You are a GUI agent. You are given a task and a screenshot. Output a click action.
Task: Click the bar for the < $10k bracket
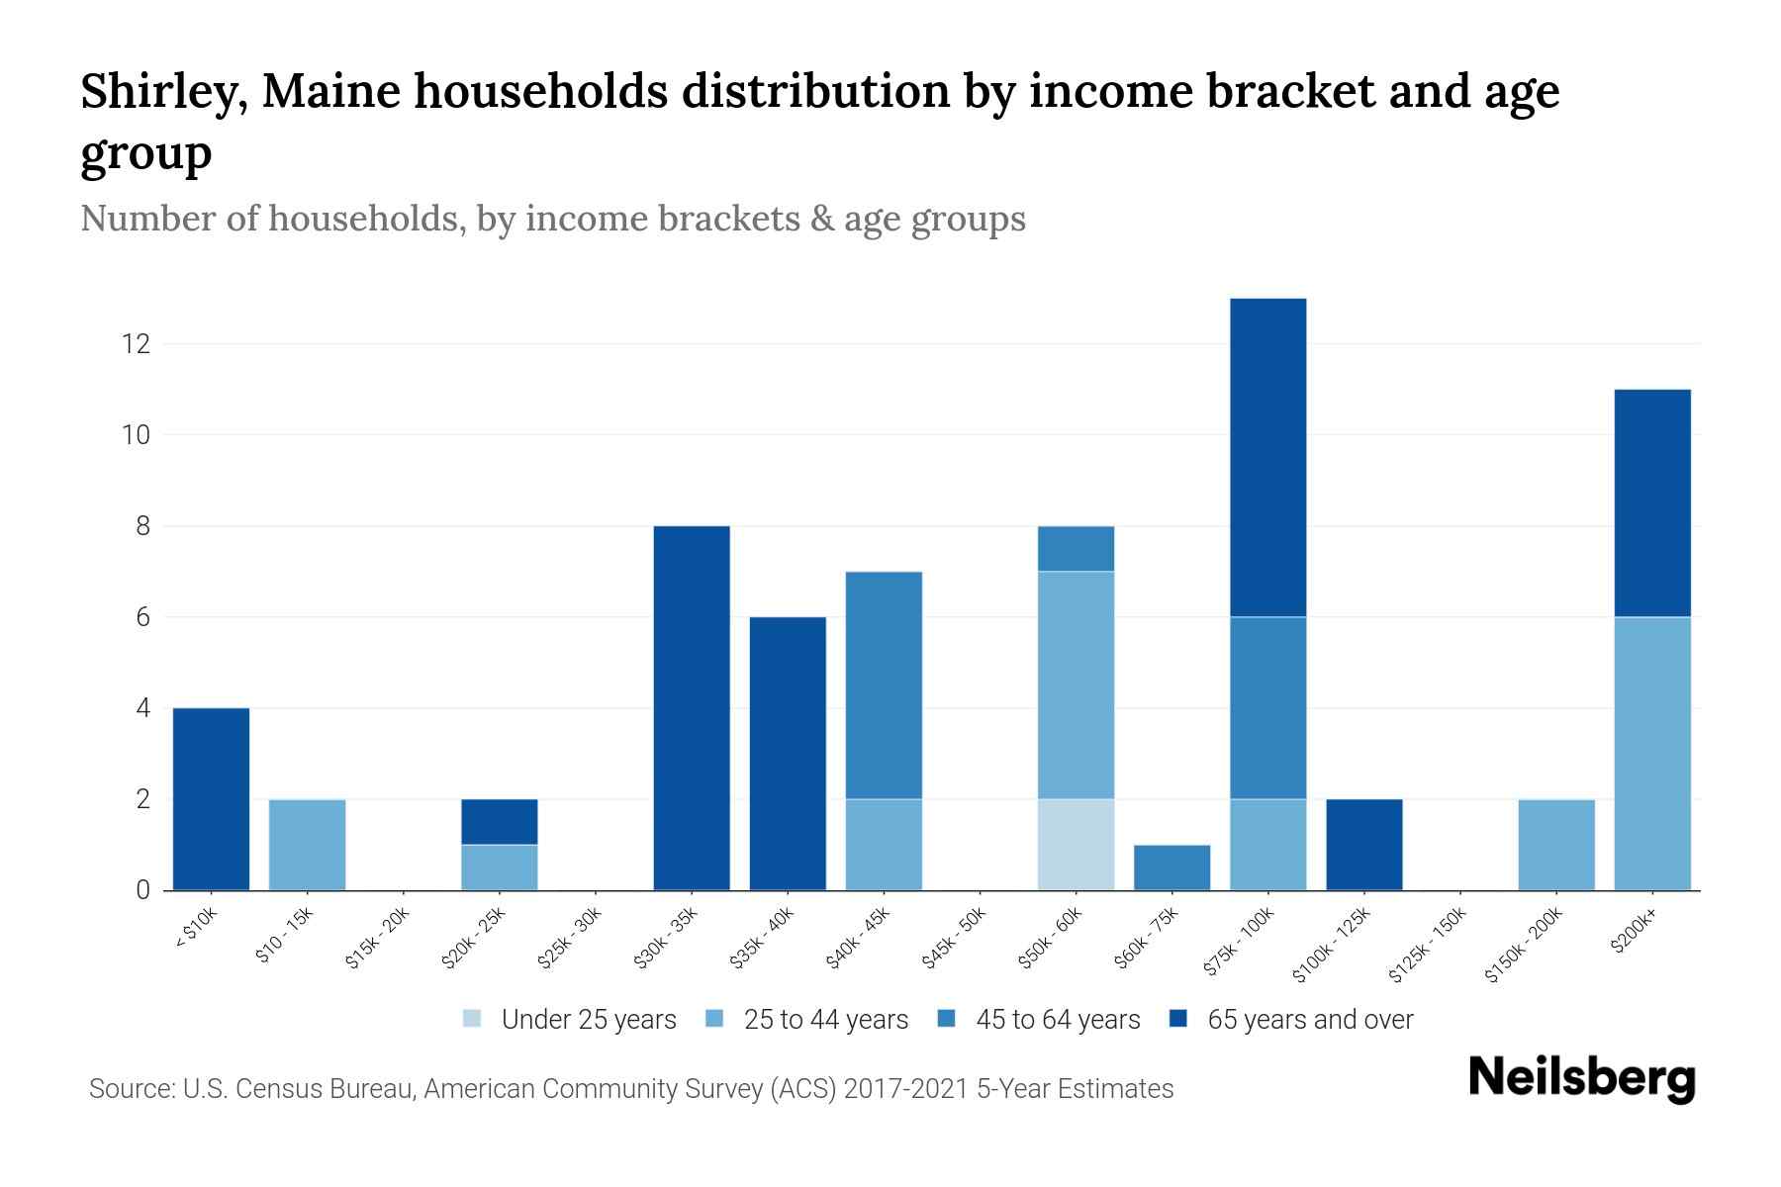click(x=211, y=798)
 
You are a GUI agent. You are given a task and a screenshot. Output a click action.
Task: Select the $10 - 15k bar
click(x=307, y=844)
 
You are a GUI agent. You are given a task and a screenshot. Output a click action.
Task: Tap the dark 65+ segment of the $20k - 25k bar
click(x=499, y=821)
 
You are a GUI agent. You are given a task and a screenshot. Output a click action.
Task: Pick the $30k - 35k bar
click(x=692, y=707)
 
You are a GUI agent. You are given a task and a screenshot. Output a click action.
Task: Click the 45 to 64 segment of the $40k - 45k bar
click(x=884, y=685)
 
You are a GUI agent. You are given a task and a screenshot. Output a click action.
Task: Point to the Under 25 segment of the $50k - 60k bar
click(x=1076, y=844)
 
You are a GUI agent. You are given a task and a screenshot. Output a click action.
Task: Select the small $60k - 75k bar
click(x=1172, y=867)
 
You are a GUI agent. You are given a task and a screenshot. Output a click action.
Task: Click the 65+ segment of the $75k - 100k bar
click(x=1267, y=457)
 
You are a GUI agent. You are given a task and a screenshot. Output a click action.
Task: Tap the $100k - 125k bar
click(x=1363, y=844)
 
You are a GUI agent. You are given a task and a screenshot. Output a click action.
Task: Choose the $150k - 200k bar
click(x=1555, y=844)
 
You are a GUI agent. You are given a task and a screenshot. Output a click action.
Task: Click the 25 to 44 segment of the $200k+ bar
click(x=1651, y=753)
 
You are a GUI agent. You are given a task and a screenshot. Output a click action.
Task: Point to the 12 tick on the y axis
click(x=136, y=344)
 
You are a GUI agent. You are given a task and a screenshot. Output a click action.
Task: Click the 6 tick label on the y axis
click(x=142, y=617)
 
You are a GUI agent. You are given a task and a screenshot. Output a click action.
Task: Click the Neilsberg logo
click(x=1581, y=1078)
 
